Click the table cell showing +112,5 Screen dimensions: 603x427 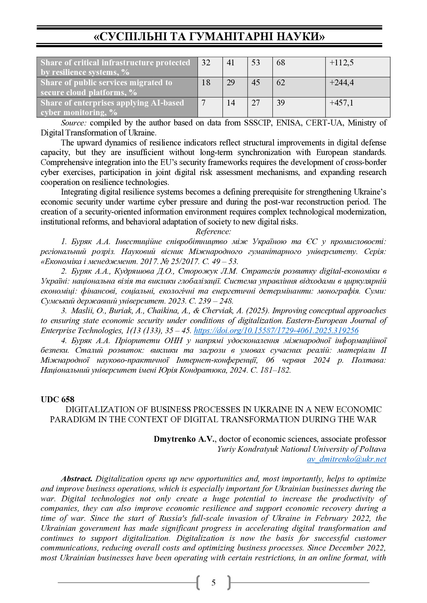(x=357, y=67)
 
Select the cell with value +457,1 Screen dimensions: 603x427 (x=357, y=107)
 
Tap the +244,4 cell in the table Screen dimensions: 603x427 (x=357, y=87)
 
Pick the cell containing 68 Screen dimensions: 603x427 (x=299, y=67)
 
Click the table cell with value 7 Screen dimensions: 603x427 (x=210, y=107)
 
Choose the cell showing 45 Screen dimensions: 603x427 (x=260, y=87)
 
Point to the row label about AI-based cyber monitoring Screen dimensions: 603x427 (x=117, y=108)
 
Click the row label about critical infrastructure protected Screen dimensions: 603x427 (x=117, y=67)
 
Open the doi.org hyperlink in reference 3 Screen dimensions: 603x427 (x=276, y=331)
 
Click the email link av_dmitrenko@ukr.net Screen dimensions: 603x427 (x=346, y=459)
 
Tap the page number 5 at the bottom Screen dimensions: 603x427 (x=213, y=582)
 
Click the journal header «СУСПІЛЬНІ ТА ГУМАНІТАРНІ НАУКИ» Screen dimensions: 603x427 (x=209, y=36)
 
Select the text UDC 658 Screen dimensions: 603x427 (x=58, y=399)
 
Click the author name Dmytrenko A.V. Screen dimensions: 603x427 (x=185, y=439)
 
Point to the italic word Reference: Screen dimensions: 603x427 (x=213, y=232)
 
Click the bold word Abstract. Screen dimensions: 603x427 (x=77, y=479)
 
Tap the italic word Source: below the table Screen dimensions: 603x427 (x=74, y=123)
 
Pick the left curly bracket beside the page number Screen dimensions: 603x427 (x=198, y=582)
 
